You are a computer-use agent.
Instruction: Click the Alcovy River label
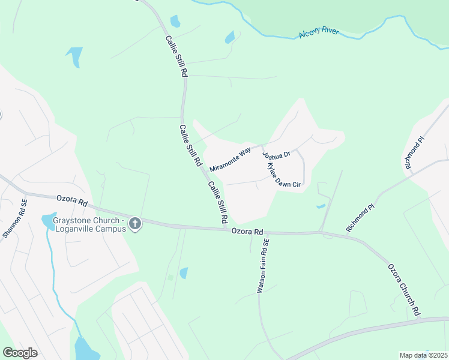(x=319, y=33)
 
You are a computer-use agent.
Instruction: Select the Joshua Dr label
(x=277, y=155)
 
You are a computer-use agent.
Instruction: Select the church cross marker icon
(x=136, y=224)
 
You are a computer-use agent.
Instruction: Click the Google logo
(x=20, y=353)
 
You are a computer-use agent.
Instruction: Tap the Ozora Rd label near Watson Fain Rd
(x=248, y=232)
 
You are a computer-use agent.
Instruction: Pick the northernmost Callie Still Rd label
(x=177, y=55)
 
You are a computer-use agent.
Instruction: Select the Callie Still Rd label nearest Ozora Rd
(x=217, y=202)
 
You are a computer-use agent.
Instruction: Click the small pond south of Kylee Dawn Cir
(x=321, y=206)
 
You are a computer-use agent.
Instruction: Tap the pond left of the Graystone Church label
(x=47, y=221)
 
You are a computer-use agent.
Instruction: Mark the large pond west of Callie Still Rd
(x=74, y=55)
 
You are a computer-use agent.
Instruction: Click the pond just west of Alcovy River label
(x=229, y=37)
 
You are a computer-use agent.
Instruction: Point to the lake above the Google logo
(x=85, y=348)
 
